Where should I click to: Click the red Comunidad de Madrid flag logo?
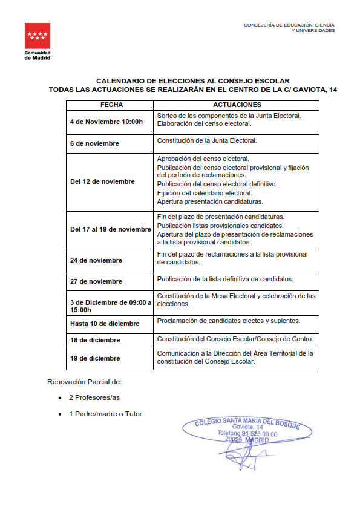[x=38, y=36]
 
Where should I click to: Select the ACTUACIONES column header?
[x=237, y=105]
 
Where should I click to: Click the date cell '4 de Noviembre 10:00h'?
[x=106, y=122]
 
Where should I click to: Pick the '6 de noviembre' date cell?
[x=94, y=143]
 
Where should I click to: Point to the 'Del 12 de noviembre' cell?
[x=102, y=181]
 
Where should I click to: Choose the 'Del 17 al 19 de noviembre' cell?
[x=110, y=229]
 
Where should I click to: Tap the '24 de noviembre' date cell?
[x=96, y=260]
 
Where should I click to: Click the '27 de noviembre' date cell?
[x=96, y=281]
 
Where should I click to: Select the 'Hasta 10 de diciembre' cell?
[x=105, y=324]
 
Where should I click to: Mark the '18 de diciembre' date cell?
[x=95, y=340]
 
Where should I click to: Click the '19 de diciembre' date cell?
[x=95, y=358]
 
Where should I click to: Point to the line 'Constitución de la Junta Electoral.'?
[x=207, y=140]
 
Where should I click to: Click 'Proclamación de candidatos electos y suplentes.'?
[x=228, y=321]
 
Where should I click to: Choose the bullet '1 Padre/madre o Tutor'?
[x=105, y=414]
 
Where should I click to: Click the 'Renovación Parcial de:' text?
[x=84, y=382]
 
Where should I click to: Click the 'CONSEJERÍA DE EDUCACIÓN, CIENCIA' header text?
[x=289, y=25]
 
